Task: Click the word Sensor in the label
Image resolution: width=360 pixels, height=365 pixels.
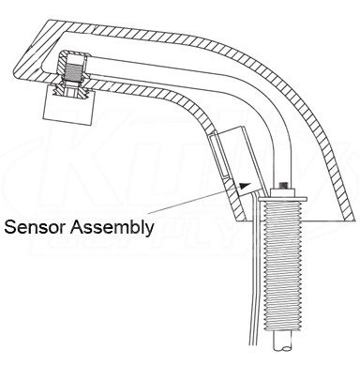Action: (x=35, y=227)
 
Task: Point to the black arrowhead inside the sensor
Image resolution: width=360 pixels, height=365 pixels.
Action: (x=246, y=186)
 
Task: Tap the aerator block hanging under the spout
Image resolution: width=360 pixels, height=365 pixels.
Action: (x=68, y=104)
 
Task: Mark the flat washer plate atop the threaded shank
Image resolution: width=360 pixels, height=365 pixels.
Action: (x=282, y=199)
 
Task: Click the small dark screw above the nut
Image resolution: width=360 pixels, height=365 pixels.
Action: (x=284, y=185)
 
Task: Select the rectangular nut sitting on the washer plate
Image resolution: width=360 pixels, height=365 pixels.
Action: (x=283, y=192)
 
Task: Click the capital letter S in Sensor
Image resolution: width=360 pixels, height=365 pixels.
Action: (x=10, y=227)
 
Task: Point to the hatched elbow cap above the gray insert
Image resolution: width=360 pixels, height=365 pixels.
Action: (x=73, y=57)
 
